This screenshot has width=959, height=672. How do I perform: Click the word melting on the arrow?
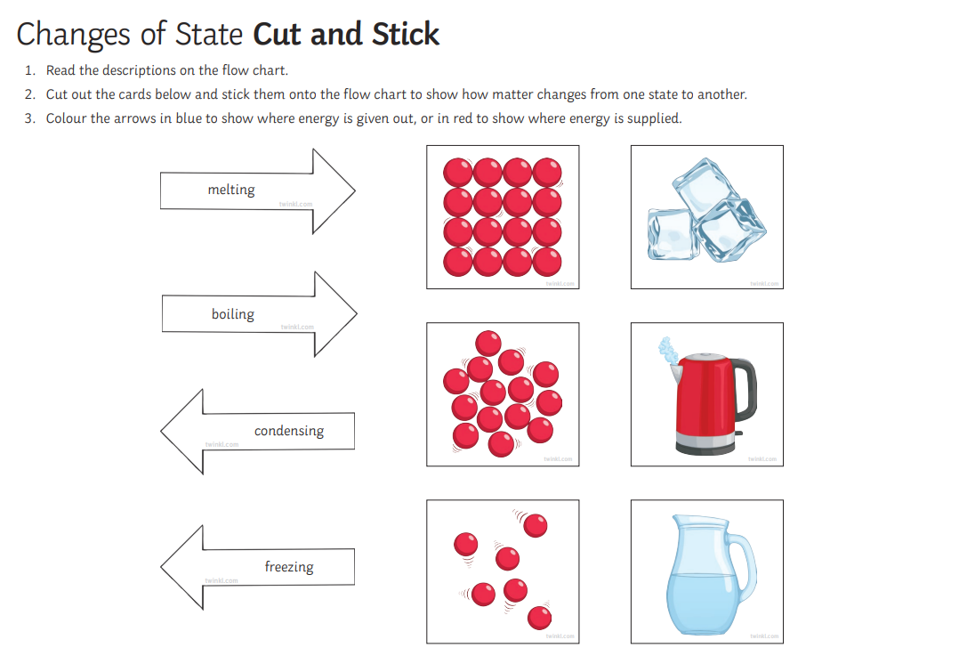pos(231,190)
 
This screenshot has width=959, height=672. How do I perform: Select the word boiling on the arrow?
pos(232,314)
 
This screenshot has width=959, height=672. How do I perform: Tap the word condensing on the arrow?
pos(288,431)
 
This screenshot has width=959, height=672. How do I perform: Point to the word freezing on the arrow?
pos(288,567)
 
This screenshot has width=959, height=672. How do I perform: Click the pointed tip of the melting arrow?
pos(355,191)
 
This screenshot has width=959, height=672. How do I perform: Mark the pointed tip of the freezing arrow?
pos(161,567)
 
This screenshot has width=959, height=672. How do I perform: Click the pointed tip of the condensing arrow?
pos(161,431)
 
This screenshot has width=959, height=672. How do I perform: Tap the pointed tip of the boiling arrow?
pos(357,314)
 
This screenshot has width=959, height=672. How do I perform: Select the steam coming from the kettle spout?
pos(667,349)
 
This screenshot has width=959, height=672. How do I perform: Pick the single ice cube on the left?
pos(673,234)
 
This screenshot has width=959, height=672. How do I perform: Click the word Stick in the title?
pos(406,35)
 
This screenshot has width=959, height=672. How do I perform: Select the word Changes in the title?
pos(73,36)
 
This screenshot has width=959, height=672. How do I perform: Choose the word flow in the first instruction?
pos(235,70)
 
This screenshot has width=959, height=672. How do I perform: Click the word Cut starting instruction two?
pos(56,94)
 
